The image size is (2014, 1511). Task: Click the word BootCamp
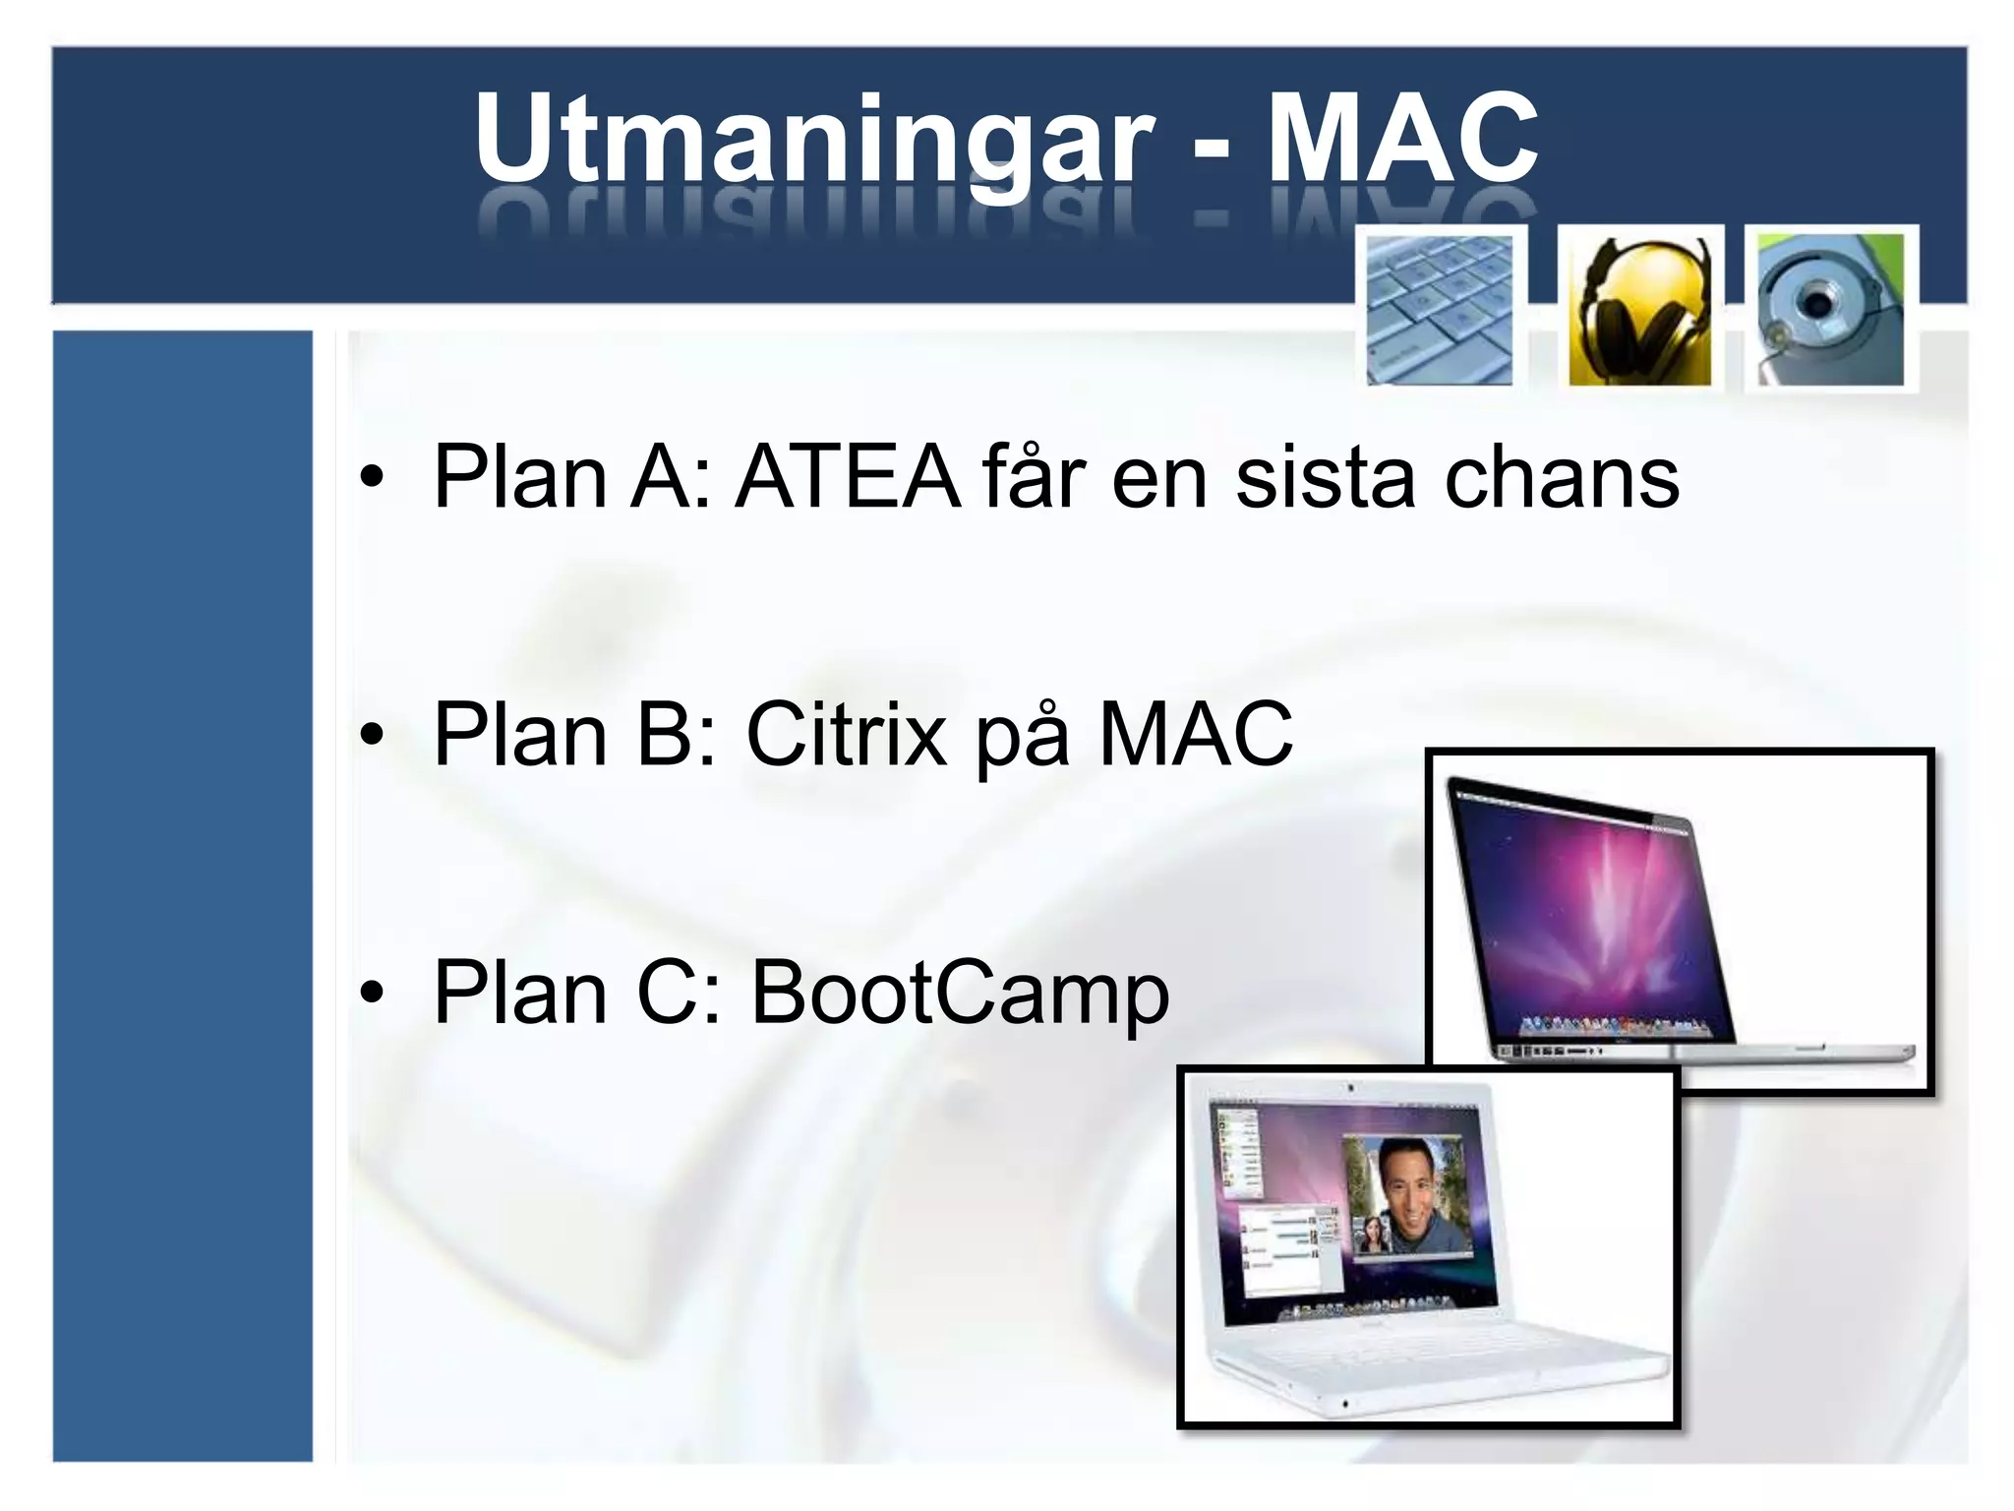tap(960, 994)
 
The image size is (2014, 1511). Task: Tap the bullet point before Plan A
tap(371, 479)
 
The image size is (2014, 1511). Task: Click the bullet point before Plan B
tap(371, 736)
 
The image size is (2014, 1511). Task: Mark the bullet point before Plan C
tap(371, 994)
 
